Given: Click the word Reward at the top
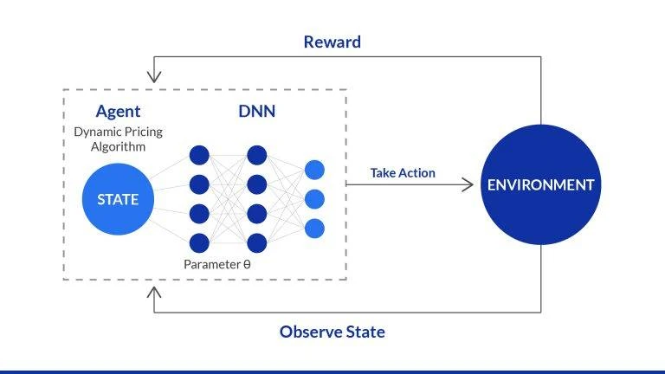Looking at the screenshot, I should click(332, 42).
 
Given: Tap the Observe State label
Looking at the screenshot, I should click(332, 332).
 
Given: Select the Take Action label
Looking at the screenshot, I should click(403, 173).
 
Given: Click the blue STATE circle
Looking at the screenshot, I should click(117, 199).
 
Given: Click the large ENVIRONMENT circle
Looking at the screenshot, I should click(540, 184).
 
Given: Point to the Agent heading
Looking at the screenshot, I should click(118, 112).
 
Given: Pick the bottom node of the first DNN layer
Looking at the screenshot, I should click(199, 242).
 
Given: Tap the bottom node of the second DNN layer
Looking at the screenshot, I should click(256, 242).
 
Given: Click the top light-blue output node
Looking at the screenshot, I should click(314, 170).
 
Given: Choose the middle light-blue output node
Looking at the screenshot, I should click(314, 199).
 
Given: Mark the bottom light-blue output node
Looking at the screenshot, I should click(314, 229).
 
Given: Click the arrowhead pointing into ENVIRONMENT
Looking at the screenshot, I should click(469, 184).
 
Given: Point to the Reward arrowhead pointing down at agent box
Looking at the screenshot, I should click(154, 78).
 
